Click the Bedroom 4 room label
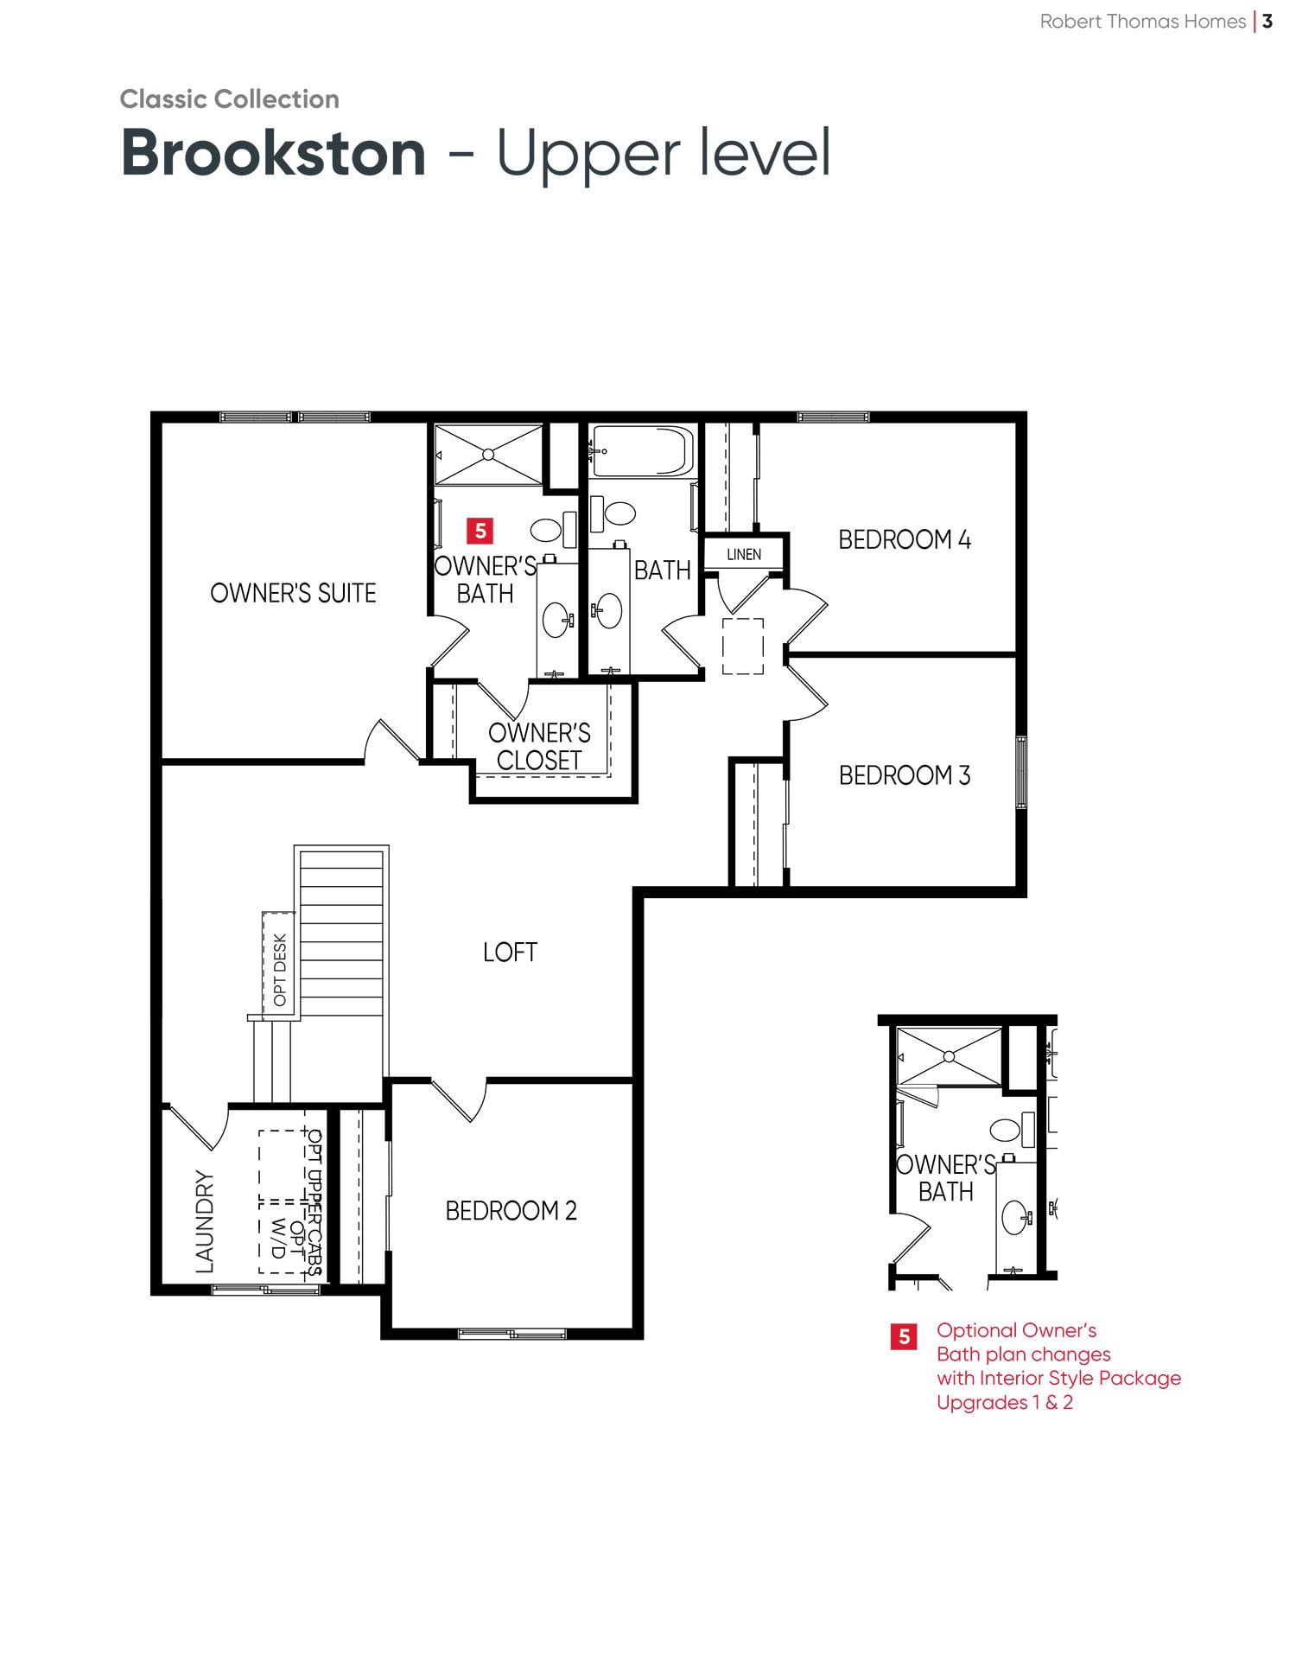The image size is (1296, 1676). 905,540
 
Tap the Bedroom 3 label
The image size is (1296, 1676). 905,775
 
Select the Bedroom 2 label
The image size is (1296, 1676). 511,1211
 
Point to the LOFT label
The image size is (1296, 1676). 510,953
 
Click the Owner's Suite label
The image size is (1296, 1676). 293,593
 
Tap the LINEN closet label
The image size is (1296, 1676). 744,554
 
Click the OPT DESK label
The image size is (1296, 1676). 280,970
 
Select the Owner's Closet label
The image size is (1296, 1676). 539,747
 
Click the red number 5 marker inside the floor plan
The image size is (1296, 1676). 480,531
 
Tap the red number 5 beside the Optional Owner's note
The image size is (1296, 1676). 904,1337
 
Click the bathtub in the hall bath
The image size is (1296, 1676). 643,451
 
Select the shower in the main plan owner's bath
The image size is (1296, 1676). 488,455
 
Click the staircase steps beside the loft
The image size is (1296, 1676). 341,934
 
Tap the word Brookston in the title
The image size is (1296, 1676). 274,153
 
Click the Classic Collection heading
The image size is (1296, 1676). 230,99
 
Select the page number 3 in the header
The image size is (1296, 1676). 1267,22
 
